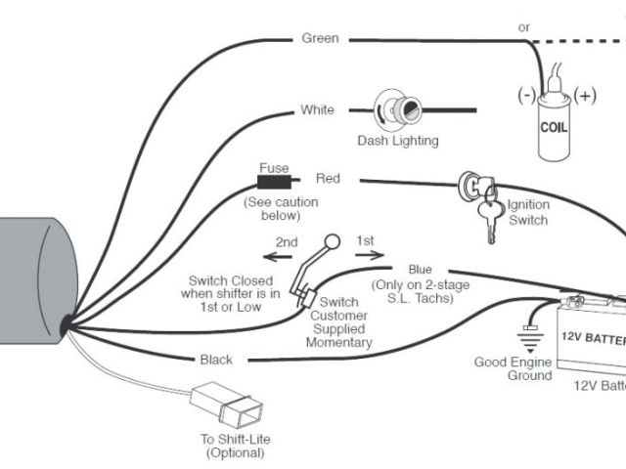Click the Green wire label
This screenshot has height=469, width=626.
click(321, 39)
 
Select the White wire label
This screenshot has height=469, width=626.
click(317, 110)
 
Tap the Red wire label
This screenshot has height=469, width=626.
click(328, 179)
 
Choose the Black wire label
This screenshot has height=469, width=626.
click(216, 360)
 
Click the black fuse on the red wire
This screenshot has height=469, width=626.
click(272, 182)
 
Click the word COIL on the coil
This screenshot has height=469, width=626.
click(558, 128)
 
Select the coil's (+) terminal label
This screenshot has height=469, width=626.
click(586, 96)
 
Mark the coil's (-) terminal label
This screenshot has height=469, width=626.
click(527, 96)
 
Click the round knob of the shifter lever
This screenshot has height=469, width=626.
click(332, 242)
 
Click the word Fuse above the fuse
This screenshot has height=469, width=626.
click(274, 168)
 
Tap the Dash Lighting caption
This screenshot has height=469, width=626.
click(398, 141)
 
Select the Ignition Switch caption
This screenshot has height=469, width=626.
click(528, 213)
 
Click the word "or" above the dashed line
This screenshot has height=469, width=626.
click(524, 27)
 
